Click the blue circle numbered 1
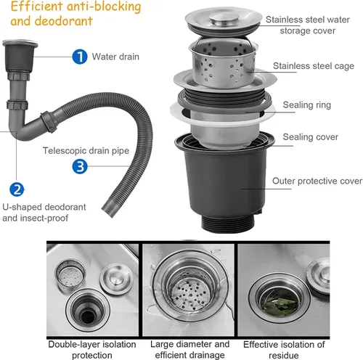pos(80,57)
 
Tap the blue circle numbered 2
pos(17,189)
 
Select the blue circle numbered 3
pos(80,166)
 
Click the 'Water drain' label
pos(115,57)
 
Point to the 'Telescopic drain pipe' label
pos(86,151)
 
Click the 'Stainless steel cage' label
pos(314,66)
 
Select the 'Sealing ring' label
pos(306,105)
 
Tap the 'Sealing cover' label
pos(310,137)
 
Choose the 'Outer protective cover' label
pos(317,181)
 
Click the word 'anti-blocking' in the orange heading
pos(104,7)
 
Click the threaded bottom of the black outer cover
pos(227,224)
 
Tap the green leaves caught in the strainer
pos(280,306)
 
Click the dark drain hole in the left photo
pos(88,316)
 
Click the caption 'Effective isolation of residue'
pos(284,350)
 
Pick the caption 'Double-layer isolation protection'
pos(92,350)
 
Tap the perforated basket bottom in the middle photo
pos(189,295)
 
